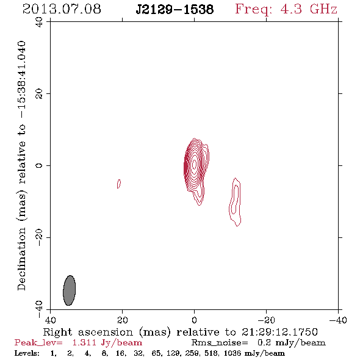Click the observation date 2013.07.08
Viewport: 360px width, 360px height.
62,9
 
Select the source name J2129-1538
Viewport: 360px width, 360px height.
175,10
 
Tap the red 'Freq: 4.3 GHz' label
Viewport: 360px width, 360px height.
286,10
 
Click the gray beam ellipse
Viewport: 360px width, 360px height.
70,290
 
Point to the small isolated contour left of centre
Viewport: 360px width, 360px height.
119,184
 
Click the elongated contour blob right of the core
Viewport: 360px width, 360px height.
235,202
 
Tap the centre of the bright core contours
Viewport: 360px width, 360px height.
195,164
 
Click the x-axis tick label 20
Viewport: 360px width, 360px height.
123,320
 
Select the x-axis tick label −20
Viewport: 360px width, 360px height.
266,320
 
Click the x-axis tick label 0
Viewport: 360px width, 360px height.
195,320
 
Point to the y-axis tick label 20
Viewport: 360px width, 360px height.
39,94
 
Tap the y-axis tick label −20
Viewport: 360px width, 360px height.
39,237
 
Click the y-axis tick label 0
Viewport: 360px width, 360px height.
39,165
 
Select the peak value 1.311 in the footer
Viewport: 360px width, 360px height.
84,343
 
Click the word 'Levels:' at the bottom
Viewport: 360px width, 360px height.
27,353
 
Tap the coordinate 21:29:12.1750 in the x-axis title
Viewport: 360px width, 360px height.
279,332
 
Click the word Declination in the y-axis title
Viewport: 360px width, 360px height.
21,259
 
